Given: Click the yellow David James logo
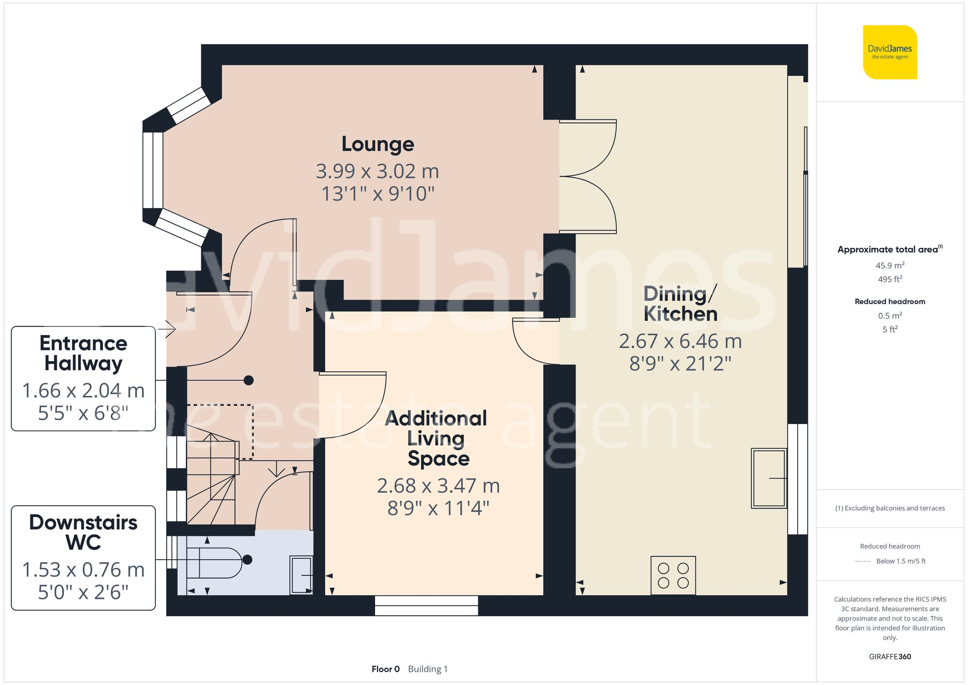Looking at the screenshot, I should pos(890,52).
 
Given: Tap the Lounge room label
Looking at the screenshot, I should pos(378,144).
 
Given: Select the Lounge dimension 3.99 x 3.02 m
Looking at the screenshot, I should pos(378,171).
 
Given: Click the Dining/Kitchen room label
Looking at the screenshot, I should pos(680,304).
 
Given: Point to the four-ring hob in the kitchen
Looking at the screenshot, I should pos(673,576).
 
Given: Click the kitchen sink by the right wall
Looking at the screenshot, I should pos(769,478).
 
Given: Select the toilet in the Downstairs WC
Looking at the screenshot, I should pos(214,563).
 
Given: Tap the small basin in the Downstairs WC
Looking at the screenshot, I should pos(301,575).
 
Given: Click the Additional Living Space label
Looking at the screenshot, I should pos(437,438).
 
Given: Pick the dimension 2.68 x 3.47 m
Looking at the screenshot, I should pos(438,486).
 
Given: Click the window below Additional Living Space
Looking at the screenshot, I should pos(426,606).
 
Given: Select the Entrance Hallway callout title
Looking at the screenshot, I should pos(83,353).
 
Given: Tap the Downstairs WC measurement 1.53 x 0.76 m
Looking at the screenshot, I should pos(83,570).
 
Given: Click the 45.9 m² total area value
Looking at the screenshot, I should pos(890,265).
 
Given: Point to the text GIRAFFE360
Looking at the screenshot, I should pos(890,657).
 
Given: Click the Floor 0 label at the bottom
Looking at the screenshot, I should pos(385,669).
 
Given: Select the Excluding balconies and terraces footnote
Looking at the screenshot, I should pos(890,508).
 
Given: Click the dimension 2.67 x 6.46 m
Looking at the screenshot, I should pos(680,342).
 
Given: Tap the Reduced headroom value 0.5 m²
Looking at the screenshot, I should pos(890,316).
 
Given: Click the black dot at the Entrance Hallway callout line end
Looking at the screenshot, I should pos(248,381).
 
